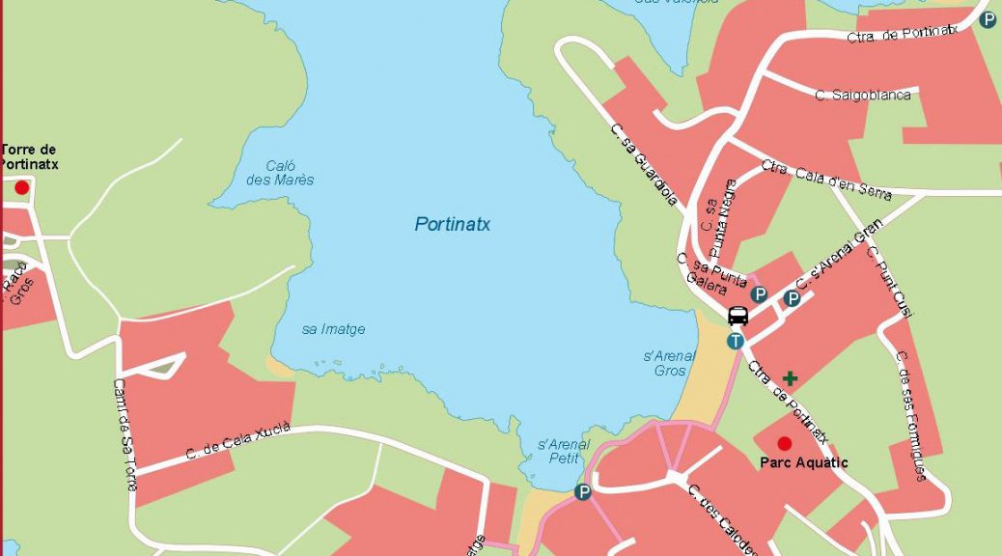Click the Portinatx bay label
coord(453,224)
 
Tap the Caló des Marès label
coord(280,173)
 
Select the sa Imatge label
coord(333,329)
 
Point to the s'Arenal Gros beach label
coord(669,363)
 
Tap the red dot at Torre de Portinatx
coord(21,187)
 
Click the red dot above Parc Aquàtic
coord(784,443)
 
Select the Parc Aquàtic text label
coord(803,462)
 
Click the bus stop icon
coord(738,316)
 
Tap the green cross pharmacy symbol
coord(791,377)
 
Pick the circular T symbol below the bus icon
coord(736,340)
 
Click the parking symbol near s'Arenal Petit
coord(582,492)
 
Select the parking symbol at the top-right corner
coord(987,18)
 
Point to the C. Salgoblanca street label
coord(862,95)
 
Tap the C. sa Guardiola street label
coord(644,164)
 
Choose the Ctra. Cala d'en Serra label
coord(825,180)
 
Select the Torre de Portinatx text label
coord(29,156)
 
